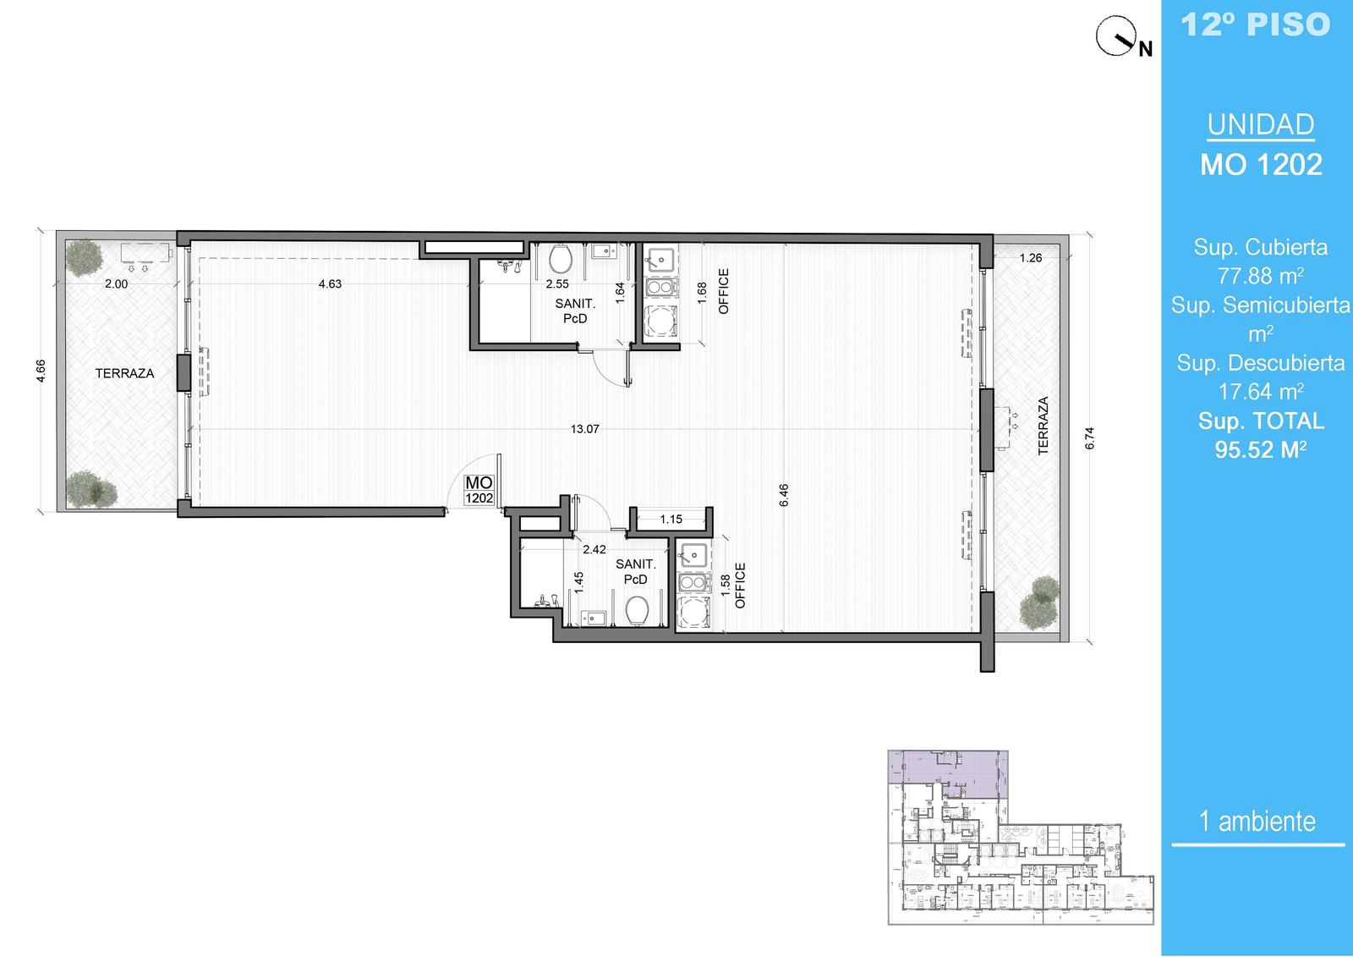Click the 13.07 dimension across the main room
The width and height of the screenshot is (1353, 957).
coord(584,429)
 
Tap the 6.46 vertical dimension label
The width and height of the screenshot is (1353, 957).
coord(784,495)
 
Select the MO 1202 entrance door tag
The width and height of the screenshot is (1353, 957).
coord(479,490)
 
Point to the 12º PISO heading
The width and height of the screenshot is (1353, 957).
coord(1255,25)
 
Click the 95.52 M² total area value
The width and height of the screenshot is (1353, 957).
coord(1261,450)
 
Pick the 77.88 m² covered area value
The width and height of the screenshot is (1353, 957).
coord(1261,276)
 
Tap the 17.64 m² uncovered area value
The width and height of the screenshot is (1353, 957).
coord(1261,392)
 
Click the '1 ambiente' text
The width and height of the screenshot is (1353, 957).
coord(1257,821)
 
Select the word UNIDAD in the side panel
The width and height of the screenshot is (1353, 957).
coord(1261,124)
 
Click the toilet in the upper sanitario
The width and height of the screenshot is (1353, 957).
coord(561,258)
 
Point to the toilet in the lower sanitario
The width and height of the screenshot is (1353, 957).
coord(638,611)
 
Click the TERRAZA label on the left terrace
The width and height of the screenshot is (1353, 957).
coord(124,374)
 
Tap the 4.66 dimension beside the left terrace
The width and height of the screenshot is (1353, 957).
coord(41,371)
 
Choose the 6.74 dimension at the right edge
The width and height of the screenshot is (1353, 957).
coord(1089,438)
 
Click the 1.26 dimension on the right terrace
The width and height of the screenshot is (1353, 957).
coord(1031,258)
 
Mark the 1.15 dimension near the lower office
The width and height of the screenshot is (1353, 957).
coord(671,520)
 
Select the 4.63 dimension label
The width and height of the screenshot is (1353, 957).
coord(330,284)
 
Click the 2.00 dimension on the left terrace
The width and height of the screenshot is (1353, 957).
coord(116,284)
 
